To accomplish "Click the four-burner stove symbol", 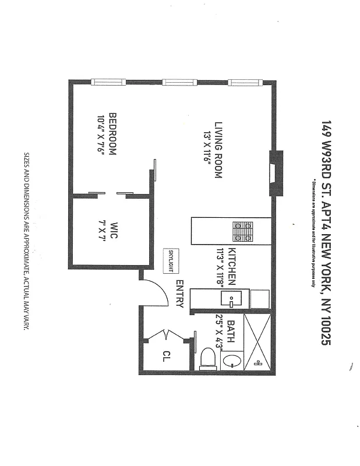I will tap(243, 231).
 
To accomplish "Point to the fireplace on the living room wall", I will tap(277, 174).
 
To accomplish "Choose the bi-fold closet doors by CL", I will tap(167, 336).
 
